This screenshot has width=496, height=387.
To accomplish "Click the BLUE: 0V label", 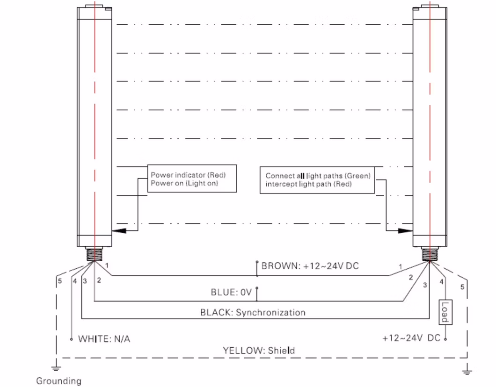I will (231, 293).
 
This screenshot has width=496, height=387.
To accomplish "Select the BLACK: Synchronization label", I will (253, 312).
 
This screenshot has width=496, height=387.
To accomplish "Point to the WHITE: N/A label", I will (104, 338).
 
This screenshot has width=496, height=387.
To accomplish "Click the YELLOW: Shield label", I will (259, 350).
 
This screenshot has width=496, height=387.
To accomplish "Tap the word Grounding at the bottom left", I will (58, 381).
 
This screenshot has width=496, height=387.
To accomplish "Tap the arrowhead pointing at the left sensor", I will (120, 230).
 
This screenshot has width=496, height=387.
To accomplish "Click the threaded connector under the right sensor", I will (430, 255).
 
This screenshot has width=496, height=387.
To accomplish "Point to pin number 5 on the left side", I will (60, 281).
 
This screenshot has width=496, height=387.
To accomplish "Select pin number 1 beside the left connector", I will (107, 265).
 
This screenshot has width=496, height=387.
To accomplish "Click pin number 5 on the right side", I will (463, 287).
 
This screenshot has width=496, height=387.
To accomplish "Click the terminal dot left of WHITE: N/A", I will (72, 339).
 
